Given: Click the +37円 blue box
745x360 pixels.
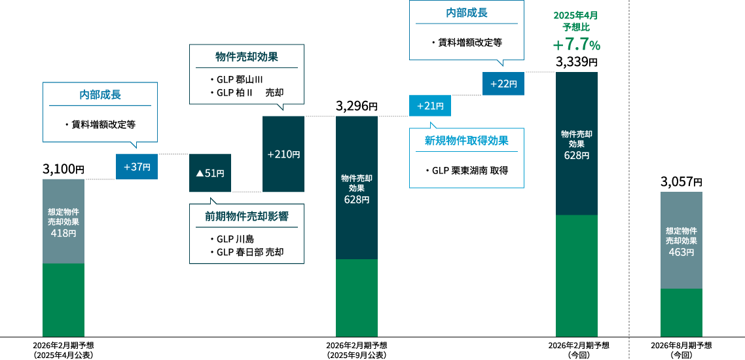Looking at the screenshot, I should coord(137,166).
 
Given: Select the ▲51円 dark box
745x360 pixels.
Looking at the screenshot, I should coord(210,173).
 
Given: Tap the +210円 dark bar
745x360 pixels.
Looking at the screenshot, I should coord(283,154).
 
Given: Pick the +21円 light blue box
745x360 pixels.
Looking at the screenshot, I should coord(430,105).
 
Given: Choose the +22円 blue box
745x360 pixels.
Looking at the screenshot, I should coord(503,83).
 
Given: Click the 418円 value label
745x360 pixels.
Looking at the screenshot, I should coord(64,233).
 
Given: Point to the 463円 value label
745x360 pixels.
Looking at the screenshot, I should coord(681,252).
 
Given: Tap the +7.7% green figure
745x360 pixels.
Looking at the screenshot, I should coord(576,45).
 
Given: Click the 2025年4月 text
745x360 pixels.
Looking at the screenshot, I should coord(575,15).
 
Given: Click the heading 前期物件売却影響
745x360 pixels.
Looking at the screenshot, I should coord(247,216).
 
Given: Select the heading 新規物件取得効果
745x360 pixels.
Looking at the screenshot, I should coord(466,140).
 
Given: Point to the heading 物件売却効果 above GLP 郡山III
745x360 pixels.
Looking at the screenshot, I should coord(247,57).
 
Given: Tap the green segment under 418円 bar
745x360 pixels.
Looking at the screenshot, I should coord(64,300).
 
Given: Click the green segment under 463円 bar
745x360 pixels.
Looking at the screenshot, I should coord(681,312).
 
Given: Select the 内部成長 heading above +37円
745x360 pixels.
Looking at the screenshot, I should coord(100,94).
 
